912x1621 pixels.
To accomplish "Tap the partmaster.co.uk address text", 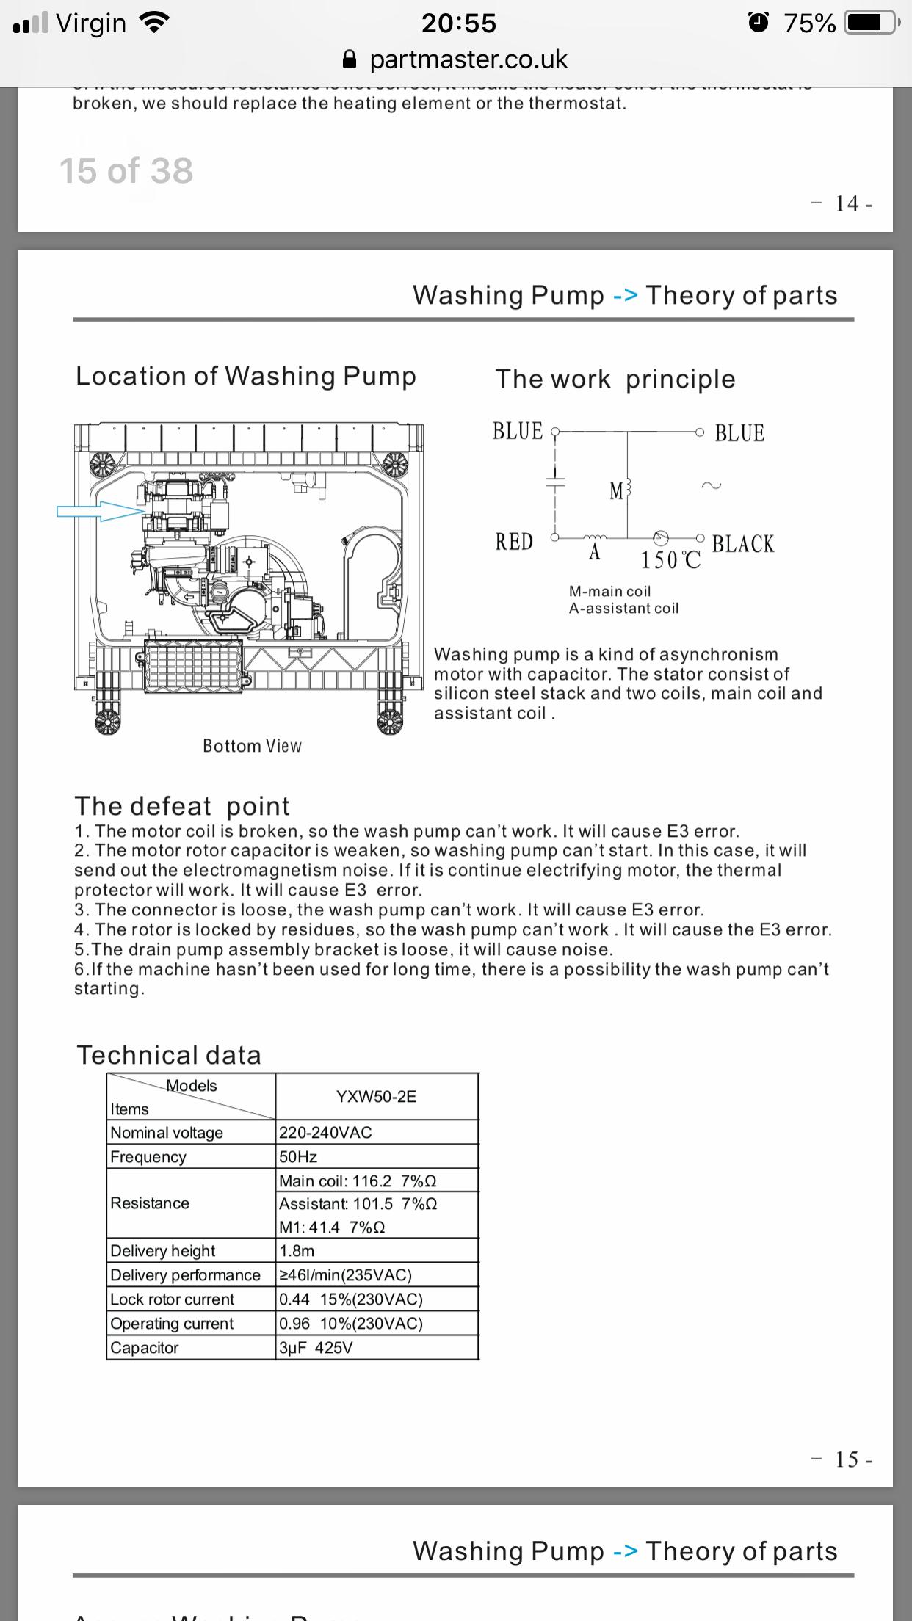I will (x=468, y=59).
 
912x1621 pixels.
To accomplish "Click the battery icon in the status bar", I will (x=872, y=23).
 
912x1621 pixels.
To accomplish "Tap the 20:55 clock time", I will (x=458, y=23).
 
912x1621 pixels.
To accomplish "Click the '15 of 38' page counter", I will (x=126, y=171).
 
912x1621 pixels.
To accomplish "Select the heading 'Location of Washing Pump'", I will (x=246, y=376).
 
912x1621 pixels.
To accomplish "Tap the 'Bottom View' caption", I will (x=252, y=746).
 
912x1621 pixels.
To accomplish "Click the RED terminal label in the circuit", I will (x=514, y=542).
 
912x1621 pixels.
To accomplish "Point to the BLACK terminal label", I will (x=742, y=544).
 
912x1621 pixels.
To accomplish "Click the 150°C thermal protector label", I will (x=670, y=560).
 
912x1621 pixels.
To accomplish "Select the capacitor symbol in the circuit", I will (x=555, y=482).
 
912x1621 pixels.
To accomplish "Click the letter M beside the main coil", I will (x=616, y=490).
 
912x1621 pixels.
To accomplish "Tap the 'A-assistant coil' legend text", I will (x=623, y=608).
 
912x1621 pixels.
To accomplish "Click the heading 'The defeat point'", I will (x=182, y=806).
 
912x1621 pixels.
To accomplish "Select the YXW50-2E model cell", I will (x=376, y=1096).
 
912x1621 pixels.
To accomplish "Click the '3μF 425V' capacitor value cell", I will (x=316, y=1348).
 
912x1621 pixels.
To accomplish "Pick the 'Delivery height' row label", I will (x=162, y=1251).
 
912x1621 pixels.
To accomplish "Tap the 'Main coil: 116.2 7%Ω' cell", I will (x=358, y=1181).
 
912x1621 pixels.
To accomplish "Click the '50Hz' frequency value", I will (x=298, y=1157).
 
